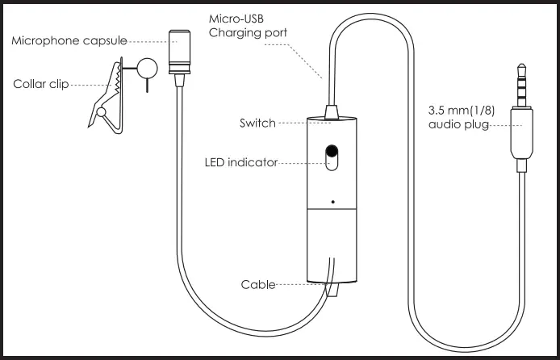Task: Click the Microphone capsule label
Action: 69,40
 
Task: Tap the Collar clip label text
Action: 41,83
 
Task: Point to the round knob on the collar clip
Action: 147,68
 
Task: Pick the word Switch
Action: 257,123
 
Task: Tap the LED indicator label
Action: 240,162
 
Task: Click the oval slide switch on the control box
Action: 332,157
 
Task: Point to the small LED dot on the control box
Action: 332,200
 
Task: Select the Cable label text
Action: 258,284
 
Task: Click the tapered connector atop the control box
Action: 332,111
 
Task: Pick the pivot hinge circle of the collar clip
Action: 102,112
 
